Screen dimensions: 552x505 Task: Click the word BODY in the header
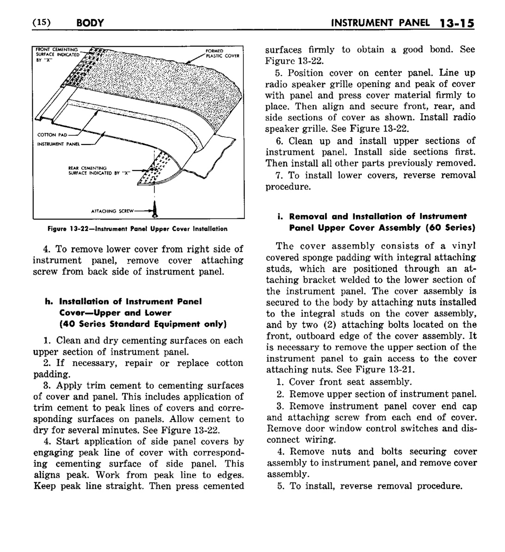(x=91, y=23)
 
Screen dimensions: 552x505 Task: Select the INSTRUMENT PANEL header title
(x=382, y=23)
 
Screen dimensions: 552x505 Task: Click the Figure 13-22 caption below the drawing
(x=137, y=229)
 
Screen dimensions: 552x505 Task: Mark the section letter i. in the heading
(x=280, y=217)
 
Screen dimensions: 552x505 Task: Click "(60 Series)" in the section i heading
(x=451, y=228)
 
